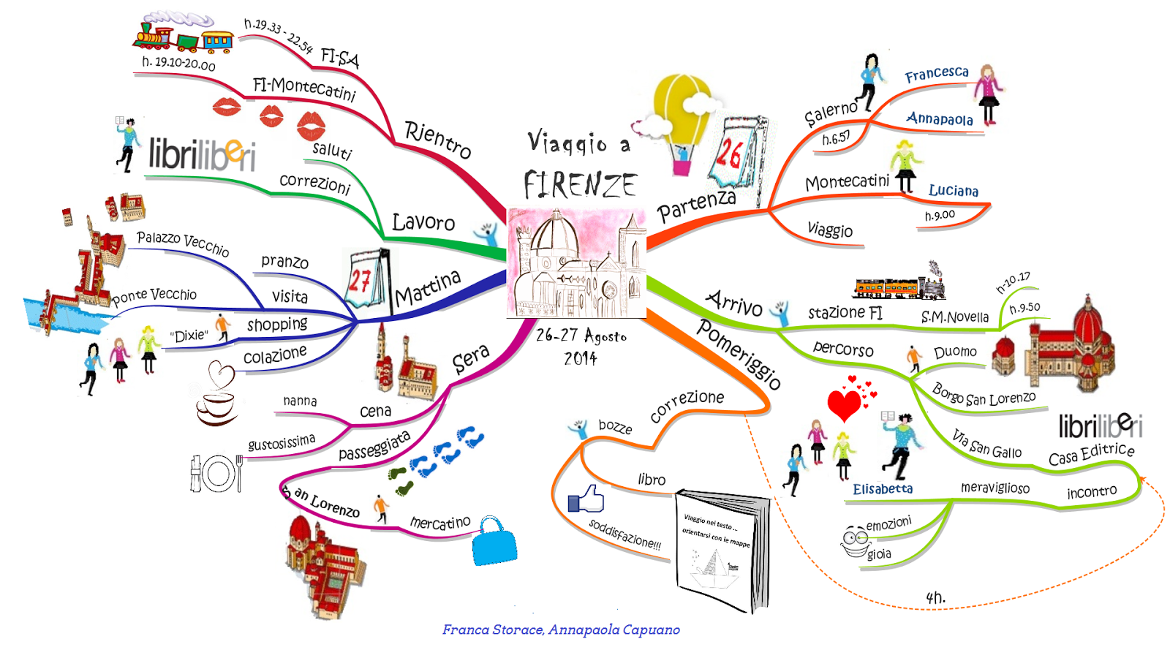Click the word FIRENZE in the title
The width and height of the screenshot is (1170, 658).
[x=580, y=184]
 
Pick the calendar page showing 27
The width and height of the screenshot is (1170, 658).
[x=363, y=280]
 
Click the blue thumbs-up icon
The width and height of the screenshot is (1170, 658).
[x=586, y=499]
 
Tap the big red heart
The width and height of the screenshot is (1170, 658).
[x=844, y=404]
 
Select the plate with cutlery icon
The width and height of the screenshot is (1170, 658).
[x=216, y=473]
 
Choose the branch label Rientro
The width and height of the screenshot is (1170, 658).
[x=438, y=139]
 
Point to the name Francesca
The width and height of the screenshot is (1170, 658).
[x=936, y=74]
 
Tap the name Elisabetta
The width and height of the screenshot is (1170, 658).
[x=883, y=489]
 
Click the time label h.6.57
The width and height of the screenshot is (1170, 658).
[x=836, y=138]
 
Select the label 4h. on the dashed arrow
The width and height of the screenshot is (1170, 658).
[x=935, y=597]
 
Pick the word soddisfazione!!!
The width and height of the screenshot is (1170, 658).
[x=624, y=534]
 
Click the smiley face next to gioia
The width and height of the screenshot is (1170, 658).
[x=854, y=541]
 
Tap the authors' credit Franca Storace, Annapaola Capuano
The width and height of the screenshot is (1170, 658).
[x=561, y=629]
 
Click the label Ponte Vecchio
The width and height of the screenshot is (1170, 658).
[x=154, y=295]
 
